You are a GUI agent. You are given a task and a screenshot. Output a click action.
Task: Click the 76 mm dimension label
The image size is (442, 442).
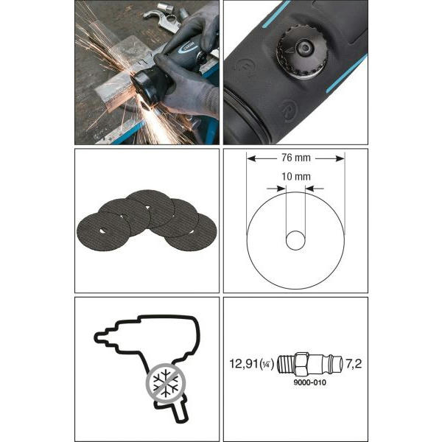tap(295, 158)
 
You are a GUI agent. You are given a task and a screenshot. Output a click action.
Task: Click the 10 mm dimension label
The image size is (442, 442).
tap(296, 177)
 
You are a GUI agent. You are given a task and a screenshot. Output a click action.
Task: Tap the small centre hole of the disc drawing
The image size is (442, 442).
tap(295, 240)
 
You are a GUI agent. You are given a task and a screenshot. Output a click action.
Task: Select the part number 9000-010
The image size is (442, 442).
tap(310, 382)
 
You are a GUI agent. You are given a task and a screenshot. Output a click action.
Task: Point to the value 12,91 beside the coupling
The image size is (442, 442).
tap(244, 364)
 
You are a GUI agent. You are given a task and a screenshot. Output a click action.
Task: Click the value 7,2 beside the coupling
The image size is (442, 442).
tap(354, 364)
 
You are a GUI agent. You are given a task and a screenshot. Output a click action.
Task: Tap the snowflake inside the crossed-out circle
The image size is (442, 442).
tap(166, 382)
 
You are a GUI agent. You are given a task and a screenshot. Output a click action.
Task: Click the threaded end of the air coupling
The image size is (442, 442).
tap(286, 364)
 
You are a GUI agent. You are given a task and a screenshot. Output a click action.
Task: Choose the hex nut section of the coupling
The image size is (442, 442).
tap(301, 364)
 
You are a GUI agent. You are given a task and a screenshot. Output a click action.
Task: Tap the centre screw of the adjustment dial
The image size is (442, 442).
tap(305, 48)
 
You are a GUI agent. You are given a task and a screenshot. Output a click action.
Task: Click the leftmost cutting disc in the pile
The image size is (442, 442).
tap(104, 231)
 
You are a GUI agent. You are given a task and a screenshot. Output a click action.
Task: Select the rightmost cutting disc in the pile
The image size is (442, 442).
tap(191, 232)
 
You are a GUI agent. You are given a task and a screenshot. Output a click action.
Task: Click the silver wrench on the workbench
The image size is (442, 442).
tap(161, 18)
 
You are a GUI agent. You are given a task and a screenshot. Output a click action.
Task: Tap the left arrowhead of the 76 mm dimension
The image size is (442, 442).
tap(251, 158)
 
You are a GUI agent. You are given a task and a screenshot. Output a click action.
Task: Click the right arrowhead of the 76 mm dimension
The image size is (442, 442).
tap(340, 158)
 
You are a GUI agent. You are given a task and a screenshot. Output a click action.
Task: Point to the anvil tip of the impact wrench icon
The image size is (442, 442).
tap(100, 337)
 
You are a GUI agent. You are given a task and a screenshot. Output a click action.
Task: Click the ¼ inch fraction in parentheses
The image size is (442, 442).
tap(266, 364)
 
